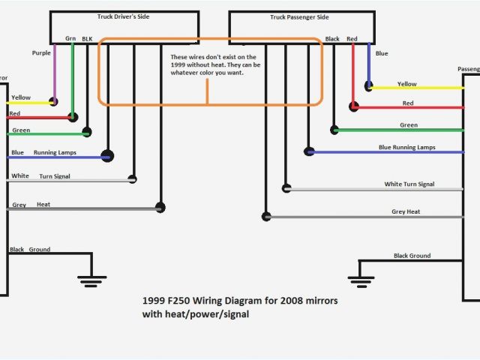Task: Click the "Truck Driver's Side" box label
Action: (124, 16)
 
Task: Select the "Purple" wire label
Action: (41, 52)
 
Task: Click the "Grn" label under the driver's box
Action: (70, 38)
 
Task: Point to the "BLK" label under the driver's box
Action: (87, 38)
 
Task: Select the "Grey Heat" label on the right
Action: (406, 211)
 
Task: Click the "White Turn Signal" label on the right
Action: (409, 184)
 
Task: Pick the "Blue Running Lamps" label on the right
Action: (408, 148)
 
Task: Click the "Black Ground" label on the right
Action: (412, 256)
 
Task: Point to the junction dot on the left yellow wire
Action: (53, 101)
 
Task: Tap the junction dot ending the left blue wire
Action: (108, 156)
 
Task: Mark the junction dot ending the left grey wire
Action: (160, 207)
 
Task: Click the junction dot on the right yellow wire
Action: (368, 87)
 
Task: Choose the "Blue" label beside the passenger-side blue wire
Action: (382, 53)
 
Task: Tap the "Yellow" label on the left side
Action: (20, 97)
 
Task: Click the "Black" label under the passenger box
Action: (332, 39)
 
